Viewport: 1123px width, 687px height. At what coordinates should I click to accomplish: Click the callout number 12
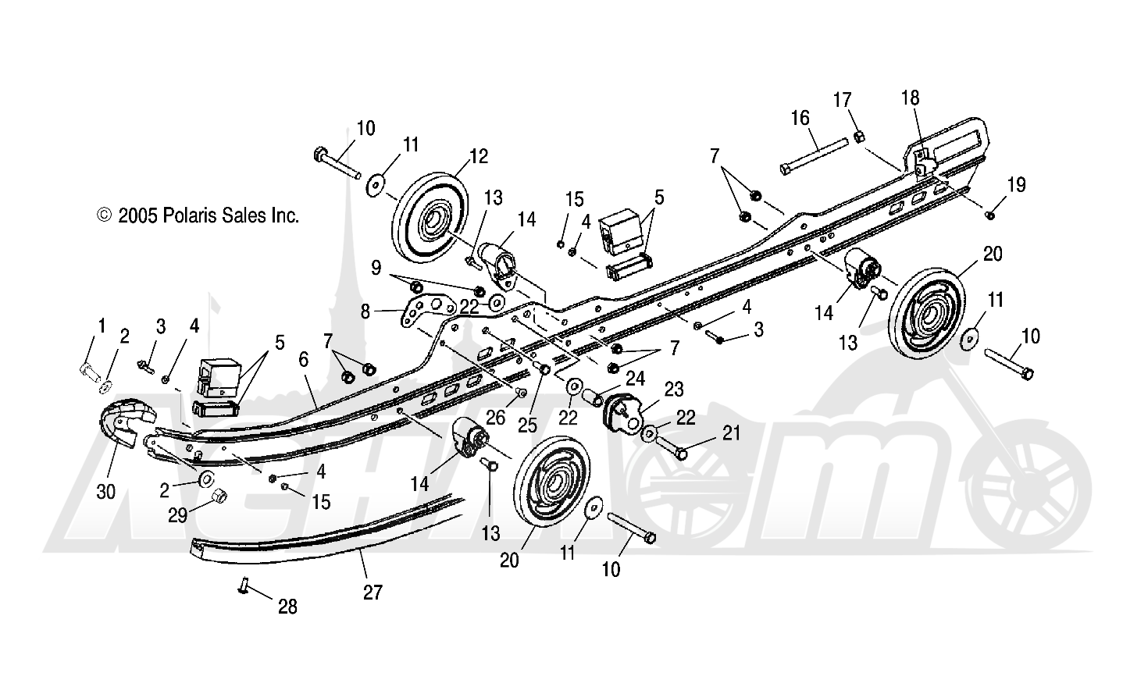(x=478, y=156)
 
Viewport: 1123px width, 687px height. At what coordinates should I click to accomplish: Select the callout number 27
(x=373, y=593)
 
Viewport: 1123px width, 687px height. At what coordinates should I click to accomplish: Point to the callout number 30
(x=105, y=492)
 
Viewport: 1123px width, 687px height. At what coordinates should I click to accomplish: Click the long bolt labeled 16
(x=815, y=156)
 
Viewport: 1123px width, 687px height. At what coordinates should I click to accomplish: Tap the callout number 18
(x=911, y=98)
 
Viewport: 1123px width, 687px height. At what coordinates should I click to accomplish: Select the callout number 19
(x=1017, y=185)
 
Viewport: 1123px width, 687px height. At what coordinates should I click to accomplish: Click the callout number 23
(x=674, y=390)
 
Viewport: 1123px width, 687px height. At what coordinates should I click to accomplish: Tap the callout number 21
(x=732, y=433)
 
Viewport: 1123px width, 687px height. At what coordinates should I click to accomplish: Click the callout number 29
(x=177, y=514)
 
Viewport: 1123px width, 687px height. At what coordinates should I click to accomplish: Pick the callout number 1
(x=102, y=326)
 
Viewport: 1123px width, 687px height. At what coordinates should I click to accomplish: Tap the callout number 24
(x=635, y=379)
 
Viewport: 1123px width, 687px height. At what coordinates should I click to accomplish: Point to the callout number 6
(x=303, y=359)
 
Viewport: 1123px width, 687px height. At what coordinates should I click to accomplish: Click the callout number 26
(x=495, y=418)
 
